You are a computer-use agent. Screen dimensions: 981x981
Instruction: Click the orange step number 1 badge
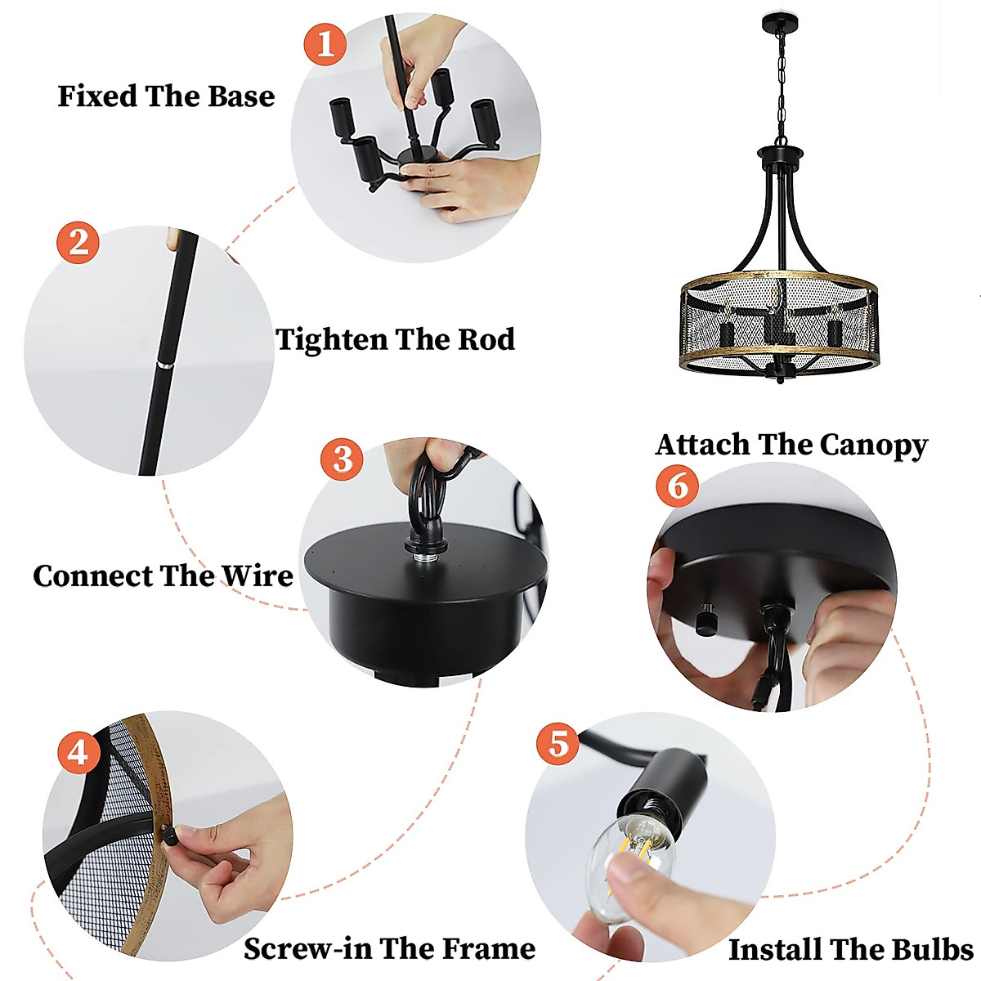click(x=325, y=44)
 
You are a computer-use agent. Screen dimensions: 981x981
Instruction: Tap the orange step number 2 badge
click(x=78, y=242)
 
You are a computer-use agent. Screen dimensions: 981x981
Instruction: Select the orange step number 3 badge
click(x=342, y=459)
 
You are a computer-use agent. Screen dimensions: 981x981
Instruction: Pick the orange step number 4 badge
click(x=78, y=753)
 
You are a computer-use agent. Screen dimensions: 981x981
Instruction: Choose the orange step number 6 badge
click(x=678, y=485)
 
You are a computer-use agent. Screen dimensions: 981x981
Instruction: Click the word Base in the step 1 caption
click(x=241, y=96)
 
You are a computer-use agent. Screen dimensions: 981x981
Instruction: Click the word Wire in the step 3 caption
click(x=258, y=576)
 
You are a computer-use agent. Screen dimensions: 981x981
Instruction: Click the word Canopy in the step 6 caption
click(x=874, y=446)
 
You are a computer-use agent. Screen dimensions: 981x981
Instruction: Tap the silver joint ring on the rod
click(x=164, y=365)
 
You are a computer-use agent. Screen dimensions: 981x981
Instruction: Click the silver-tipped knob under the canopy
click(x=705, y=618)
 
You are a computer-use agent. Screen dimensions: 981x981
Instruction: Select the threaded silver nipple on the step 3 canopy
click(x=422, y=558)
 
